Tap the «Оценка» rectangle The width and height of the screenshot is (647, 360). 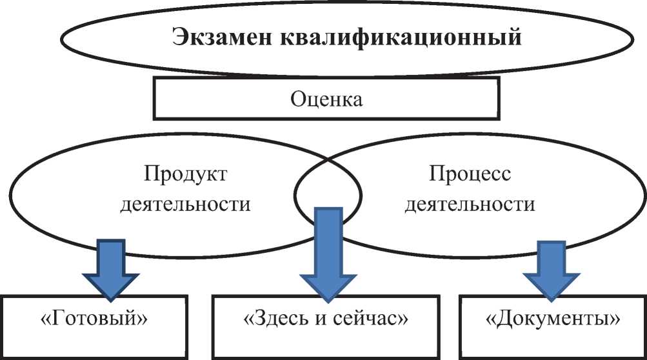326,100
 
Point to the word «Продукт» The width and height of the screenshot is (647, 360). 186,174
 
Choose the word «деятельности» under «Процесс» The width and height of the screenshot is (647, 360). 481,205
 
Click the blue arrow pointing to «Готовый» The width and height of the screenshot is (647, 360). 111,265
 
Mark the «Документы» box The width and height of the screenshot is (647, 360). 551,319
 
